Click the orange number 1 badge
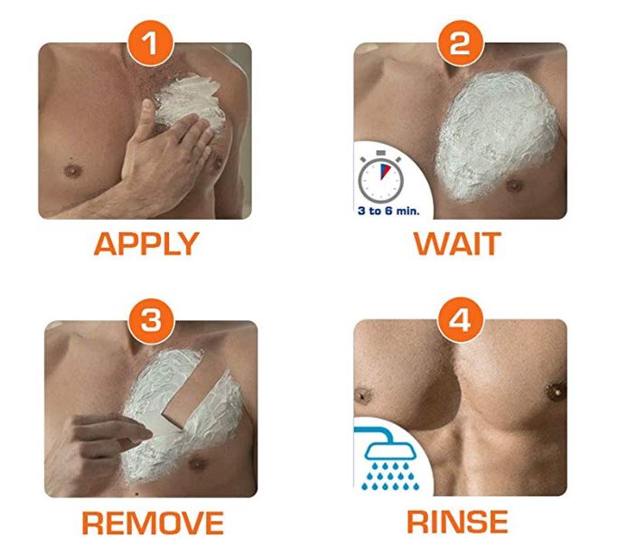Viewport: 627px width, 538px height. (x=151, y=43)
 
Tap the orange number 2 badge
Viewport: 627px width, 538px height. (x=460, y=43)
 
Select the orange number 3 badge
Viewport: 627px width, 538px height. (x=151, y=320)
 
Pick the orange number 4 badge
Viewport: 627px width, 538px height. (x=460, y=320)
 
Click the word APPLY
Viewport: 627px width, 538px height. (x=146, y=244)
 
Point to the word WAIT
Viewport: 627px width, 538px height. (x=457, y=243)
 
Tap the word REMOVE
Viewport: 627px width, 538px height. (x=153, y=522)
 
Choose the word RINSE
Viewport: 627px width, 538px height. (x=457, y=522)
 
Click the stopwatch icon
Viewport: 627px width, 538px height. (x=380, y=177)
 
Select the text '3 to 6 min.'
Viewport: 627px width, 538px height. (x=388, y=211)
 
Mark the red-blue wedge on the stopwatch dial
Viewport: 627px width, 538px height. (x=385, y=171)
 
